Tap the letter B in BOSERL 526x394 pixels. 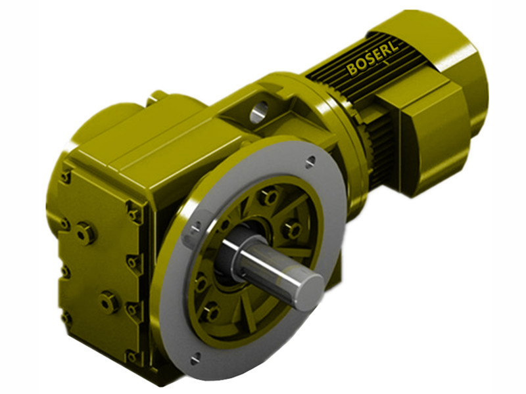pyautogui.click(x=352, y=70)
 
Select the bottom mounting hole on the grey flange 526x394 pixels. pyautogui.click(x=195, y=358)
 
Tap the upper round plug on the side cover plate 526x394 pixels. pyautogui.click(x=84, y=232)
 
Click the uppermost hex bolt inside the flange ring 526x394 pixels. pyautogui.click(x=267, y=196)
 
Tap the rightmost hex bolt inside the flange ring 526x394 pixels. pyautogui.click(x=292, y=229)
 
